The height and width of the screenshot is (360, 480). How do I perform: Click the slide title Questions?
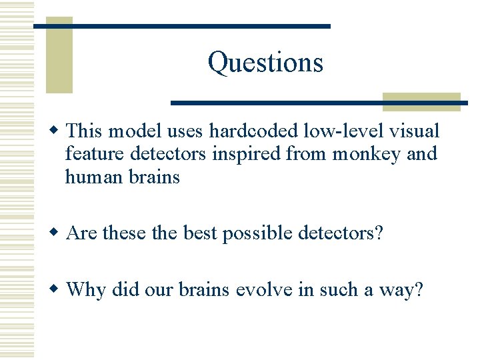tap(265, 63)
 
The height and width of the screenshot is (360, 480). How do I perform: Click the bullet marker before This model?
tap(59, 129)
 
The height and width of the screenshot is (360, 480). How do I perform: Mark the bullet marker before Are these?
tap(59, 233)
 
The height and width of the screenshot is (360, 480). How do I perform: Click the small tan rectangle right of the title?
tap(421, 101)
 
